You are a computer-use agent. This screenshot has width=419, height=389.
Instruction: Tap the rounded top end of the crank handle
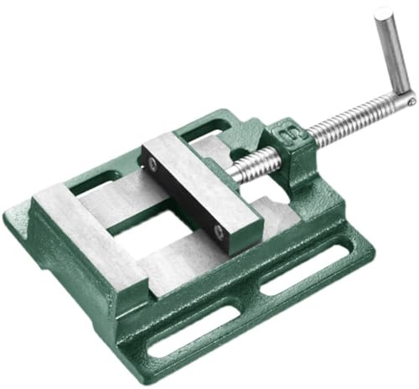click(383, 13)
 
